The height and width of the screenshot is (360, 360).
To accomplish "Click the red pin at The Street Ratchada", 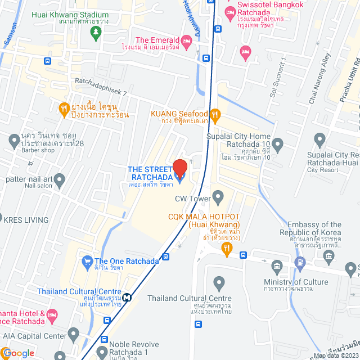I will coord(179,168).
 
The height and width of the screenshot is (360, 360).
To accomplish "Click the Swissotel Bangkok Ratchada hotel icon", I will coord(229,12).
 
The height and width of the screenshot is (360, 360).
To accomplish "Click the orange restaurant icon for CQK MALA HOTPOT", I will coord(227,247).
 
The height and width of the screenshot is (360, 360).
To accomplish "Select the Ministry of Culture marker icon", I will coord(276,265).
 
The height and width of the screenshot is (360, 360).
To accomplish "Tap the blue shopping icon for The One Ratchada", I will coord(87,261).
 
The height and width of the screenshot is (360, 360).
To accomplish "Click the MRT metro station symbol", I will coord(128,298).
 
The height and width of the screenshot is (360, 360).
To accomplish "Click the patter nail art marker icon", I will coord(60,180).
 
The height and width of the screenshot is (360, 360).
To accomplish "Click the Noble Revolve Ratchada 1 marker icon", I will coord(101,353).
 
